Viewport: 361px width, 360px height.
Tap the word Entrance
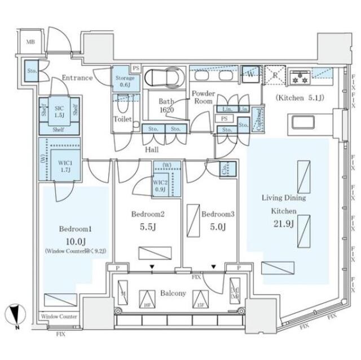(77, 78)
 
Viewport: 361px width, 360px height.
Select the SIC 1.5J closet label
(58, 111)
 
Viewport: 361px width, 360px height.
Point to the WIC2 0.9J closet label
(160, 185)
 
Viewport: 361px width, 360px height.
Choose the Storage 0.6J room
(124, 81)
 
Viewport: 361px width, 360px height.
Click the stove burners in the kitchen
(298, 78)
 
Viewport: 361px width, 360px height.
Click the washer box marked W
(249, 74)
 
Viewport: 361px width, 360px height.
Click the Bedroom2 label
(148, 214)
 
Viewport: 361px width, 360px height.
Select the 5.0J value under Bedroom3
(215, 227)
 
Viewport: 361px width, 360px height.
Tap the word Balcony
(173, 294)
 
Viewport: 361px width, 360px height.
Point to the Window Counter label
(59, 317)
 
